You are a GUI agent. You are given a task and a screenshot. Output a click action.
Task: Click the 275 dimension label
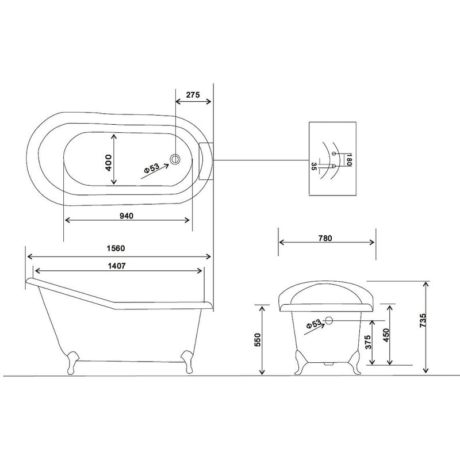tap(193, 95)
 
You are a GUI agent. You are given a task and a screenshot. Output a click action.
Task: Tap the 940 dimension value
tap(127, 216)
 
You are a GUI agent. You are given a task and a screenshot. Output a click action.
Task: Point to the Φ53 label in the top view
tap(151, 168)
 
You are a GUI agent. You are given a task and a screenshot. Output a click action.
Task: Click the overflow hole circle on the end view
tap(329, 320)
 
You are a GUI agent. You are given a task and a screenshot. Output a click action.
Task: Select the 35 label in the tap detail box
tap(313, 166)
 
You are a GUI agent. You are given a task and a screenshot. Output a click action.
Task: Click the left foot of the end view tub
tap(299, 362)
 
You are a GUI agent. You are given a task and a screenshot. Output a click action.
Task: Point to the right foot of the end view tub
tap(354, 362)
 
